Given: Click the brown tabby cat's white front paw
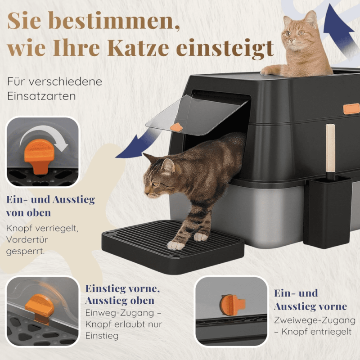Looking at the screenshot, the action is tap(175, 245).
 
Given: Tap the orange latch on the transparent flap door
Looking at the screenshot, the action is tap(176, 127).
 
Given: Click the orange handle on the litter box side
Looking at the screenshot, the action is tap(351, 108).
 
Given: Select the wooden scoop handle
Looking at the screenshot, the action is tap(330, 149).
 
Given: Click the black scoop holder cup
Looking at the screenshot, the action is tap(328, 211).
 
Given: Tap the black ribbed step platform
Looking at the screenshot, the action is tap(173, 246).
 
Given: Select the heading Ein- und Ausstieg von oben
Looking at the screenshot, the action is tap(50, 206).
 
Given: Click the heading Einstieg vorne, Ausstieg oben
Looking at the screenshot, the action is tap(122, 294).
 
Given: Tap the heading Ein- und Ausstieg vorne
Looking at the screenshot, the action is tap(310, 300).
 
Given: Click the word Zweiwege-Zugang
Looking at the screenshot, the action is tap(315, 320).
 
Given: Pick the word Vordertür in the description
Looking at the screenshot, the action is tap(27, 240).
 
